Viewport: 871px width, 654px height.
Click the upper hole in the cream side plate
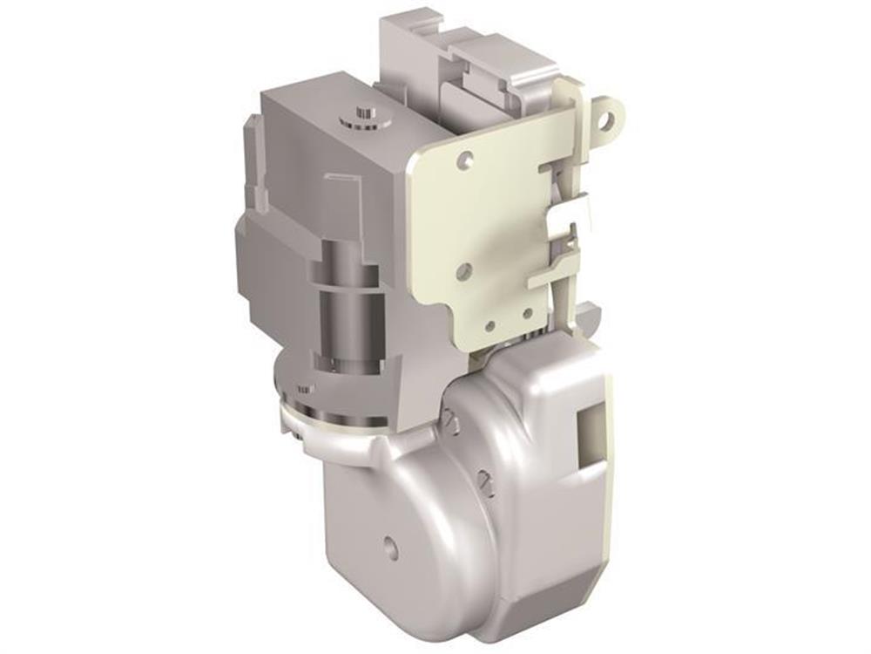tap(467, 159)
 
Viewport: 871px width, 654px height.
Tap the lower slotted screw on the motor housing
tap(486, 481)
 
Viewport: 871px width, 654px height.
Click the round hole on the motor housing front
tap(391, 548)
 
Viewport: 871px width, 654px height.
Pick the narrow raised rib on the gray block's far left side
tap(251, 157)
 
